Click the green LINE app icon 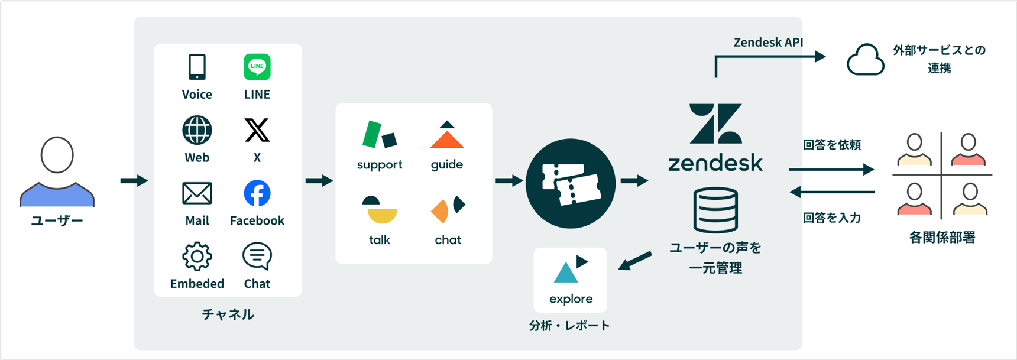tap(257, 67)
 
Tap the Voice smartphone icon tap(197, 67)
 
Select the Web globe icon tap(197, 130)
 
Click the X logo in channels tap(257, 130)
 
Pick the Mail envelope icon tap(197, 193)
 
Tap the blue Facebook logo tap(257, 193)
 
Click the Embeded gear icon tap(197, 257)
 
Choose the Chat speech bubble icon tap(257, 257)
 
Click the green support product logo tap(379, 135)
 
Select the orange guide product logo tap(447, 136)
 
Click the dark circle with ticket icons tap(571, 183)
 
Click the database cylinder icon tap(715, 210)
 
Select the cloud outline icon tap(865, 60)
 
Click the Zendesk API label tap(768, 43)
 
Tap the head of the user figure tap(57, 155)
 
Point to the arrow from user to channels tap(134, 180)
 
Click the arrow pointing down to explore tap(635, 261)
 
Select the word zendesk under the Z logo tap(715, 163)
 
